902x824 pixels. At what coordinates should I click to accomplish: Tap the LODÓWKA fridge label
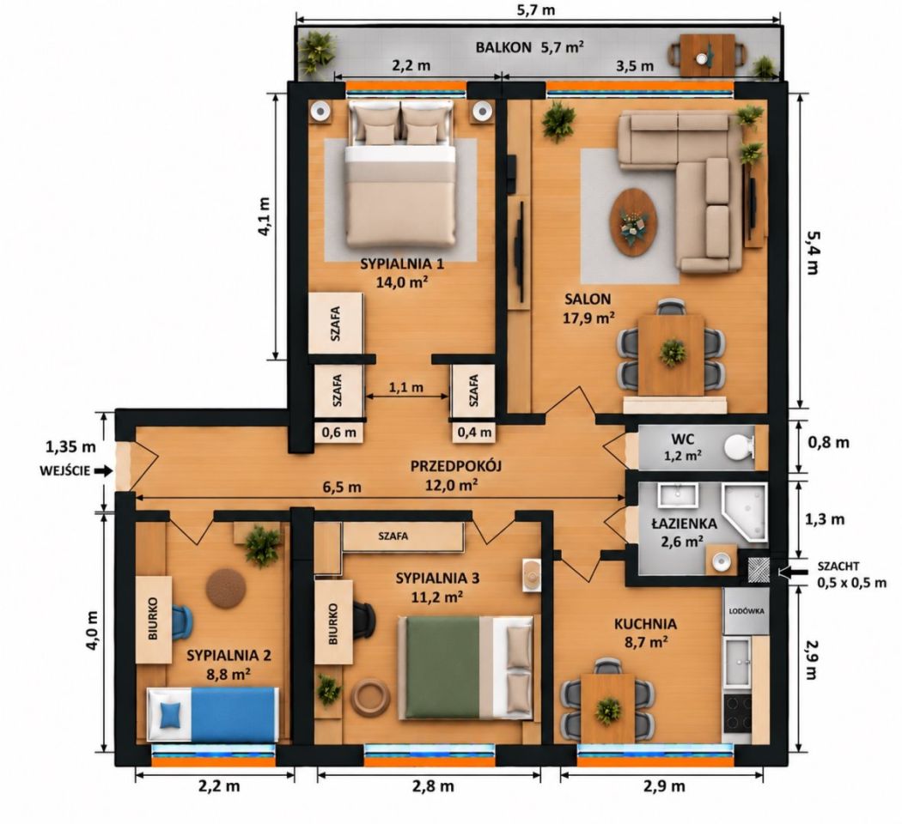coord(747,611)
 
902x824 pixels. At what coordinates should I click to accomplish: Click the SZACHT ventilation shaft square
coord(759,571)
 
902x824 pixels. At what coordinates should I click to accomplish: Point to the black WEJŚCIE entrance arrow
coord(103,470)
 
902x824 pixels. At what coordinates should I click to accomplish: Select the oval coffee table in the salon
coord(633,221)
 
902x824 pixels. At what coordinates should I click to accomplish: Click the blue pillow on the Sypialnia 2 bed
coord(170,714)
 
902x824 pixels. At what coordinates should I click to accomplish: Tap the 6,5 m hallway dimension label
coord(342,487)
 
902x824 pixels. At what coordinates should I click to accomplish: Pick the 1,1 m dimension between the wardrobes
coord(406,387)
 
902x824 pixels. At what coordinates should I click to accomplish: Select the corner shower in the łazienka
coord(746,513)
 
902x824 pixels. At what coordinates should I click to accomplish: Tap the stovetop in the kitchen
coord(737,713)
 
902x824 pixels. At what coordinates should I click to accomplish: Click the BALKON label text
coord(503,47)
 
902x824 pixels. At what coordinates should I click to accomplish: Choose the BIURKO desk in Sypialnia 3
coord(333,621)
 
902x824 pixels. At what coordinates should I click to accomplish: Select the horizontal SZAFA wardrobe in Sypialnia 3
coord(403,536)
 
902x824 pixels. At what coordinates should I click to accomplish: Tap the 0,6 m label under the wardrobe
coord(339,432)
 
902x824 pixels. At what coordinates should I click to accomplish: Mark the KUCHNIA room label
coord(645,624)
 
